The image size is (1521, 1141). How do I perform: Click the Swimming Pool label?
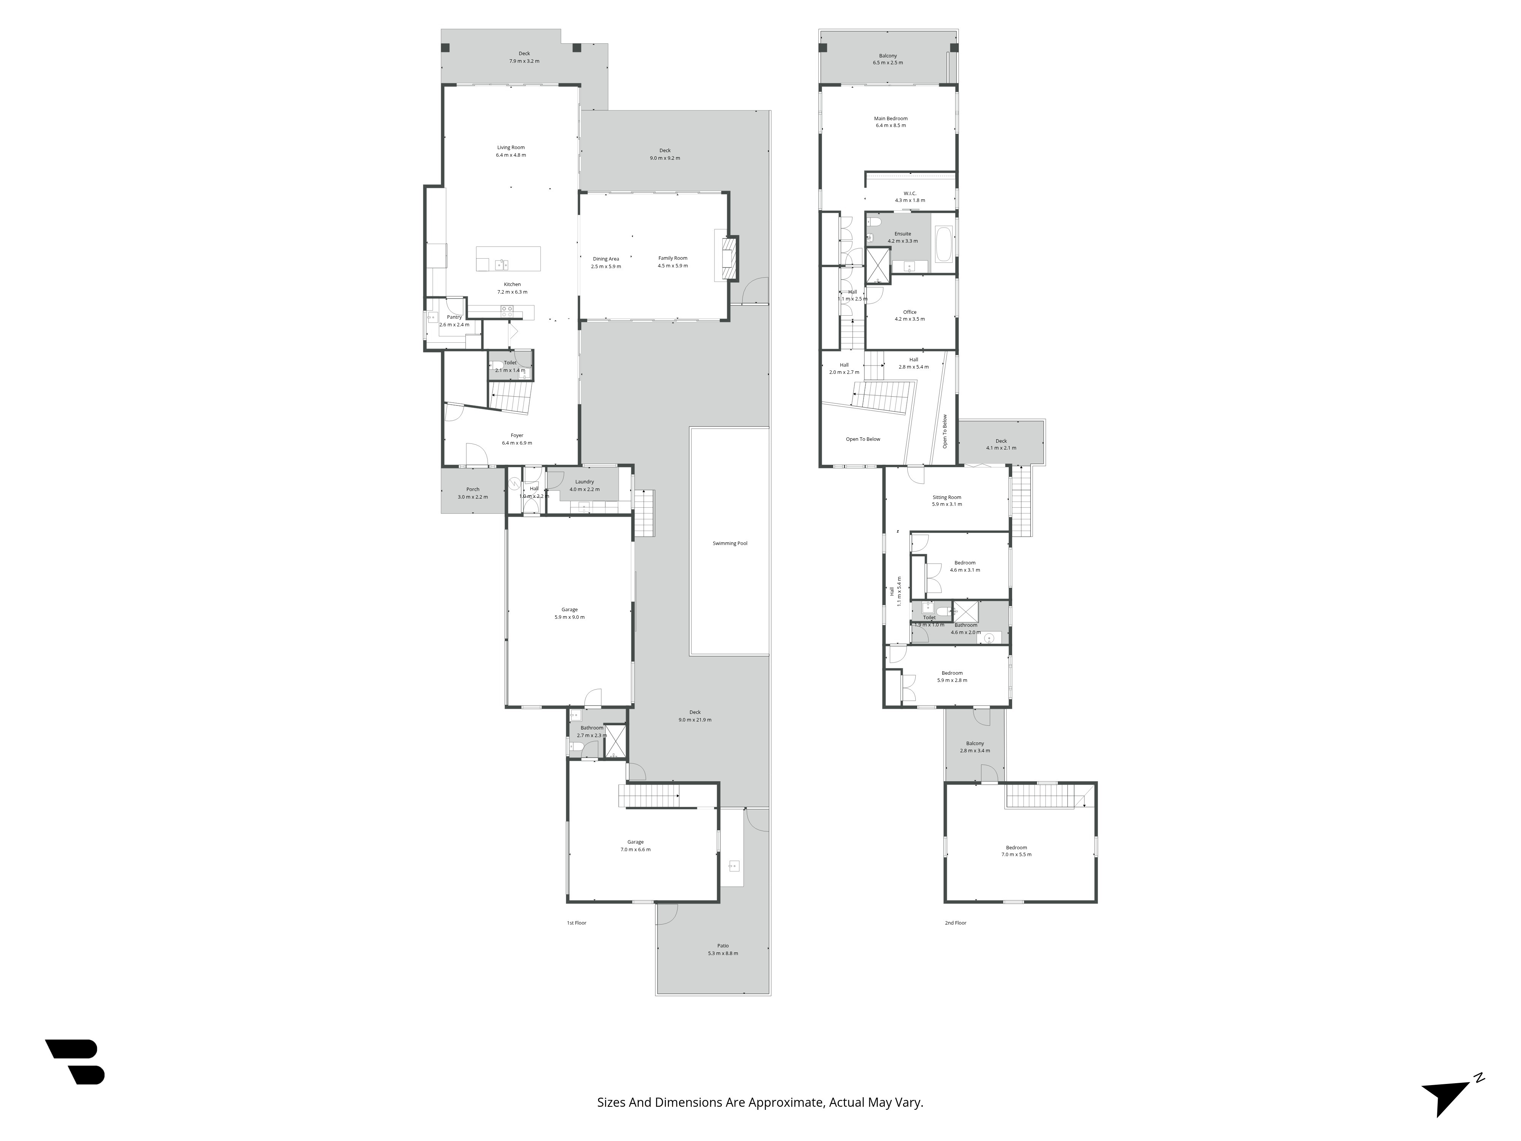pos(730,543)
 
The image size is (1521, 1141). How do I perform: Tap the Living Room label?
pos(511,147)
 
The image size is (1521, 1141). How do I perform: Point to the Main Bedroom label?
pos(891,118)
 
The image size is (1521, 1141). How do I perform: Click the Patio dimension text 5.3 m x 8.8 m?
pos(723,953)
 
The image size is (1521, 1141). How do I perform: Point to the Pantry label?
pos(454,317)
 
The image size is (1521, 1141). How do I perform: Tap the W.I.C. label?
pos(910,193)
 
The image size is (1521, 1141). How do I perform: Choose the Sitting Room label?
pos(947,497)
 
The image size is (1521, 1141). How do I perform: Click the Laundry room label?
pos(584,482)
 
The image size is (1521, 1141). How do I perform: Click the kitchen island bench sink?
pos(501,264)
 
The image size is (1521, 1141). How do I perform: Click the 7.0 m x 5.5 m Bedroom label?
pos(1016,847)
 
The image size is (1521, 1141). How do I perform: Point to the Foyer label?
pos(516,435)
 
